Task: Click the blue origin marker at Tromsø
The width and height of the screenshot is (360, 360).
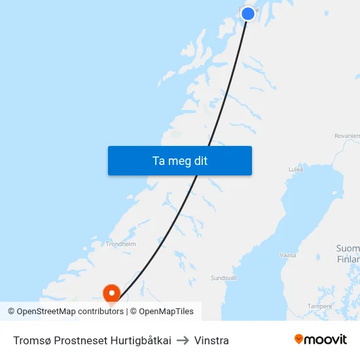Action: click(x=248, y=14)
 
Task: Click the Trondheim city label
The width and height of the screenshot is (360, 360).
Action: click(x=120, y=243)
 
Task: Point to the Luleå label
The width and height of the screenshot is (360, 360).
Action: click(x=296, y=169)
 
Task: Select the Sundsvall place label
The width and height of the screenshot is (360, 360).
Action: click(x=223, y=278)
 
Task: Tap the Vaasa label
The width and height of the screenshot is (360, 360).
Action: click(x=288, y=255)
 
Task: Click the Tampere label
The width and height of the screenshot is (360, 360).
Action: click(x=320, y=306)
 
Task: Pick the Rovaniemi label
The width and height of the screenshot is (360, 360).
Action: click(x=347, y=135)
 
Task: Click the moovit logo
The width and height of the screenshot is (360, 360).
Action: click(x=320, y=339)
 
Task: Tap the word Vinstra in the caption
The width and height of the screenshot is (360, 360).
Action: click(x=211, y=340)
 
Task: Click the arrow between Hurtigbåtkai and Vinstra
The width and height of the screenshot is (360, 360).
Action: click(x=183, y=340)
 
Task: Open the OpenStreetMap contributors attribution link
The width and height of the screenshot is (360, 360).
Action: click(x=70, y=312)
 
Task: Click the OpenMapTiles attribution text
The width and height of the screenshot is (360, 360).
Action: click(x=166, y=312)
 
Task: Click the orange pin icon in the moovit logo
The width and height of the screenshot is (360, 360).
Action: click(x=299, y=339)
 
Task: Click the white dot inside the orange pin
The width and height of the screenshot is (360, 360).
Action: click(x=112, y=291)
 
